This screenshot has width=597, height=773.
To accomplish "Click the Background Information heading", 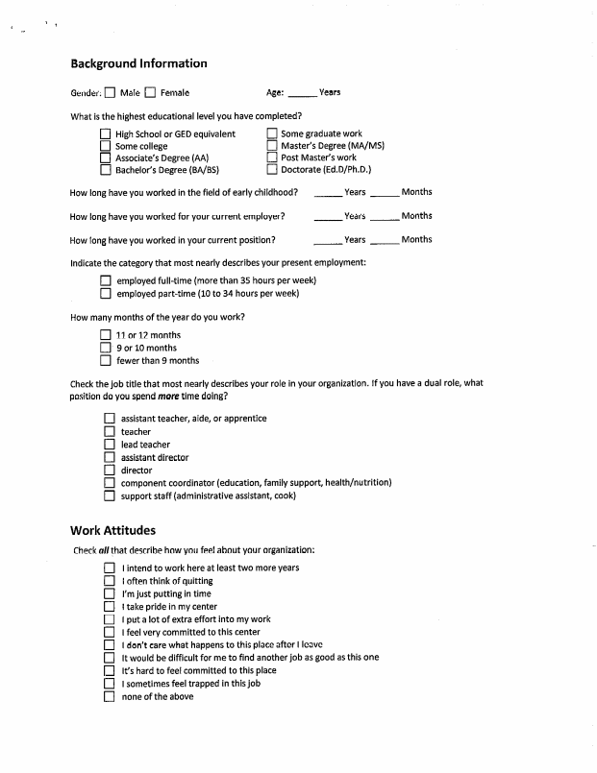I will [x=138, y=64].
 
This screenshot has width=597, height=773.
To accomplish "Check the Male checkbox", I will [x=110, y=93].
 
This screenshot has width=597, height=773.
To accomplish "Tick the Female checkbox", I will [x=150, y=93].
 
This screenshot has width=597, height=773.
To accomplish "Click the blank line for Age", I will [x=301, y=94].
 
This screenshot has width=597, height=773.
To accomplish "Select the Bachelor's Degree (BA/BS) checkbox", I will [x=105, y=170].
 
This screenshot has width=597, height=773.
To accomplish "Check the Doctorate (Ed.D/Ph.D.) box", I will [x=272, y=170].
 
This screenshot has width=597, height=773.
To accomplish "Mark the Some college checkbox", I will [x=105, y=146].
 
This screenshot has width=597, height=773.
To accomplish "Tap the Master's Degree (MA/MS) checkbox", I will [x=272, y=146].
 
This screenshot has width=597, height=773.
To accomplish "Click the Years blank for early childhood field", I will [x=327, y=194].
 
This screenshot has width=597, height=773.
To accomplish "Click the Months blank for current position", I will [x=385, y=241].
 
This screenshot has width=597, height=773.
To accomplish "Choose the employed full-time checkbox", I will [x=105, y=281].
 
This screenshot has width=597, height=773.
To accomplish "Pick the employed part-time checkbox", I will [x=105, y=294].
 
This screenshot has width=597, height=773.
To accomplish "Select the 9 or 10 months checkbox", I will [x=105, y=349].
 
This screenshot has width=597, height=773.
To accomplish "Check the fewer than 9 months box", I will [x=105, y=361].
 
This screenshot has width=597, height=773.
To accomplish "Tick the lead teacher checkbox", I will [x=110, y=446].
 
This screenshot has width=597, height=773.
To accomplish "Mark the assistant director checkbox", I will [x=110, y=458].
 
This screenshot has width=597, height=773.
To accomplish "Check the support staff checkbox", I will [x=110, y=495].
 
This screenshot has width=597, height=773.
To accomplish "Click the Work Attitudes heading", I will [x=113, y=530].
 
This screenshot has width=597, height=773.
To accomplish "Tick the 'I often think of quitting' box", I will [x=110, y=581].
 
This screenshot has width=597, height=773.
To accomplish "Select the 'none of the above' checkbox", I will [x=110, y=697].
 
